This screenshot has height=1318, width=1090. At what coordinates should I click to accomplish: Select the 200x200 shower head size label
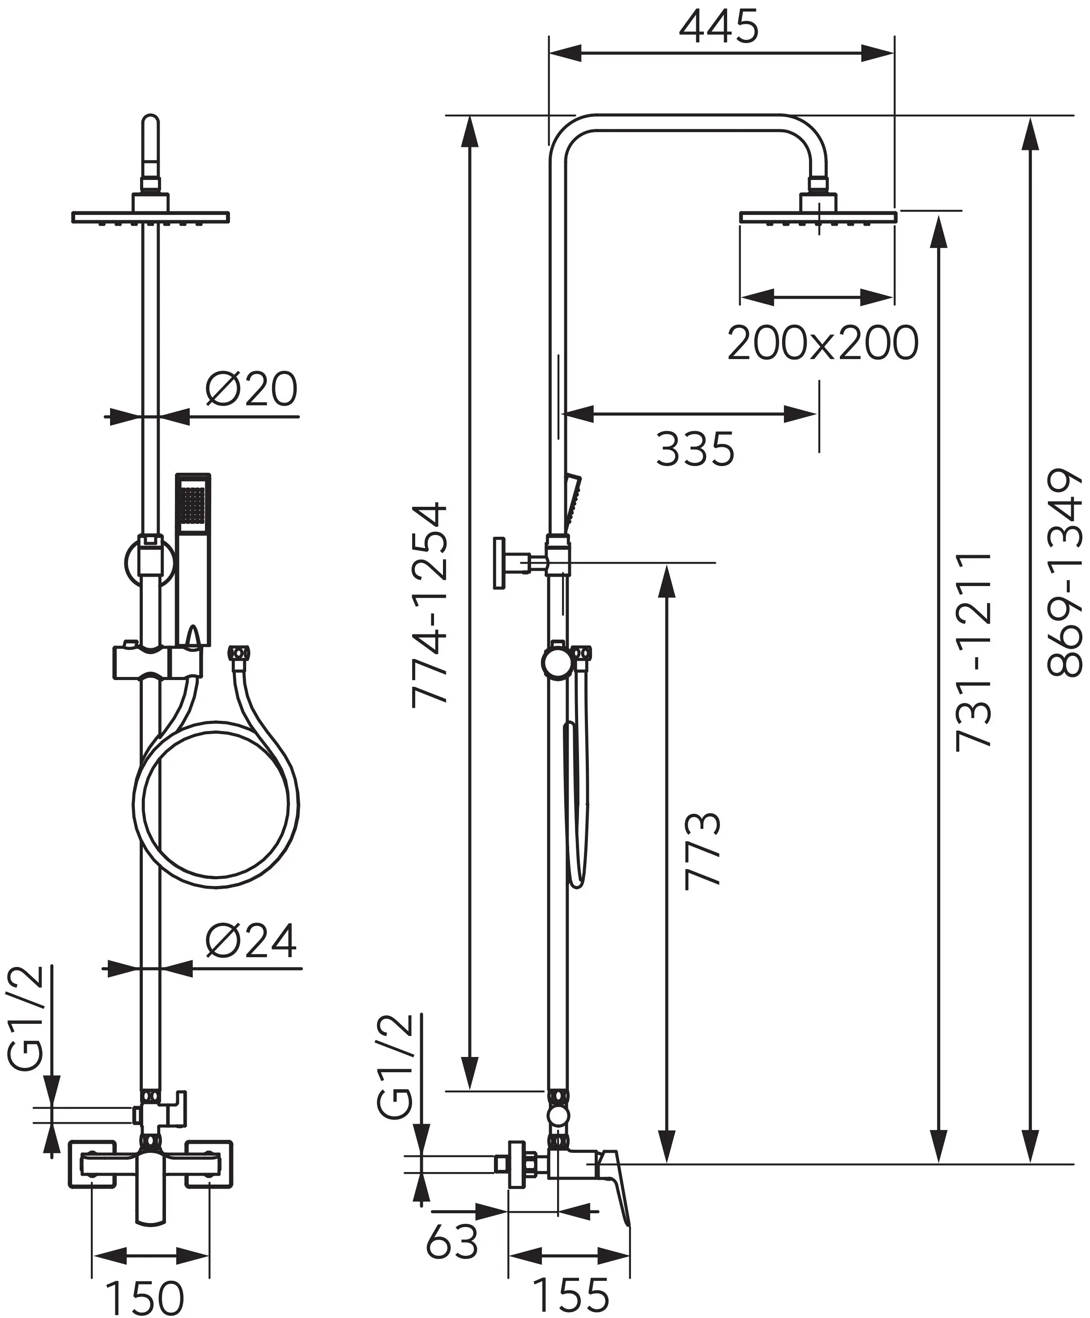tap(822, 343)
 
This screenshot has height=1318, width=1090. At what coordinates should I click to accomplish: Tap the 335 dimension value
tap(695, 449)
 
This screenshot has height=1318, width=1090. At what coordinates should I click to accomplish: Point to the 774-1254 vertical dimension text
tap(430, 604)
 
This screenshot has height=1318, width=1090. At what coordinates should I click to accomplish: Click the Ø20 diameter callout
tap(251, 389)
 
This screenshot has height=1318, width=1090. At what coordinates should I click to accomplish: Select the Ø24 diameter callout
tap(251, 941)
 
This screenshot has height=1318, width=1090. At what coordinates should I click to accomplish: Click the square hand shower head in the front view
tap(194, 503)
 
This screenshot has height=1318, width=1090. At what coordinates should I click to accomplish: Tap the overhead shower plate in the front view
tap(150, 217)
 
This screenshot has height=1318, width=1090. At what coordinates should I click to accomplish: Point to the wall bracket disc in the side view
tap(498, 563)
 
